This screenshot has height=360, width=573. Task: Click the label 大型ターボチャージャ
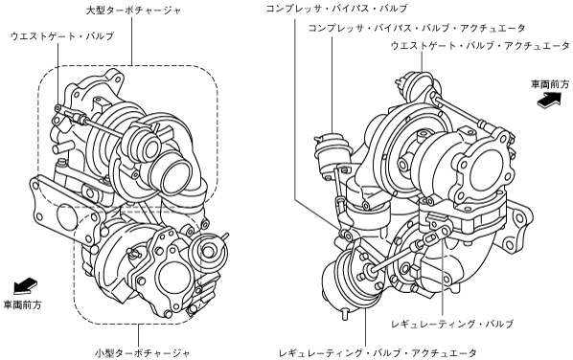pos(133,10)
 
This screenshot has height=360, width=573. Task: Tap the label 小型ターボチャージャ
pos(143,353)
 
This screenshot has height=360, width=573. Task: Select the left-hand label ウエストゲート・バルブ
pos(62,35)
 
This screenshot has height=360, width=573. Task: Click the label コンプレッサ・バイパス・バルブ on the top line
pos(336,8)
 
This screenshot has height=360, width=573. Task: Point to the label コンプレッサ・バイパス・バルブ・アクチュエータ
pos(417,28)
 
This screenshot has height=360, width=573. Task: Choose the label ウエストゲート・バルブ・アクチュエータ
pos(480,46)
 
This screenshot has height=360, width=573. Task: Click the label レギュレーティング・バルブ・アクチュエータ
pos(378,352)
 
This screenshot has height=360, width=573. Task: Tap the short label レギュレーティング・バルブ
pos(452,324)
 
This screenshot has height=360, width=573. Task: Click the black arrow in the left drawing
pos(25,285)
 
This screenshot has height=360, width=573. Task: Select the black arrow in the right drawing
pos(549,99)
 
